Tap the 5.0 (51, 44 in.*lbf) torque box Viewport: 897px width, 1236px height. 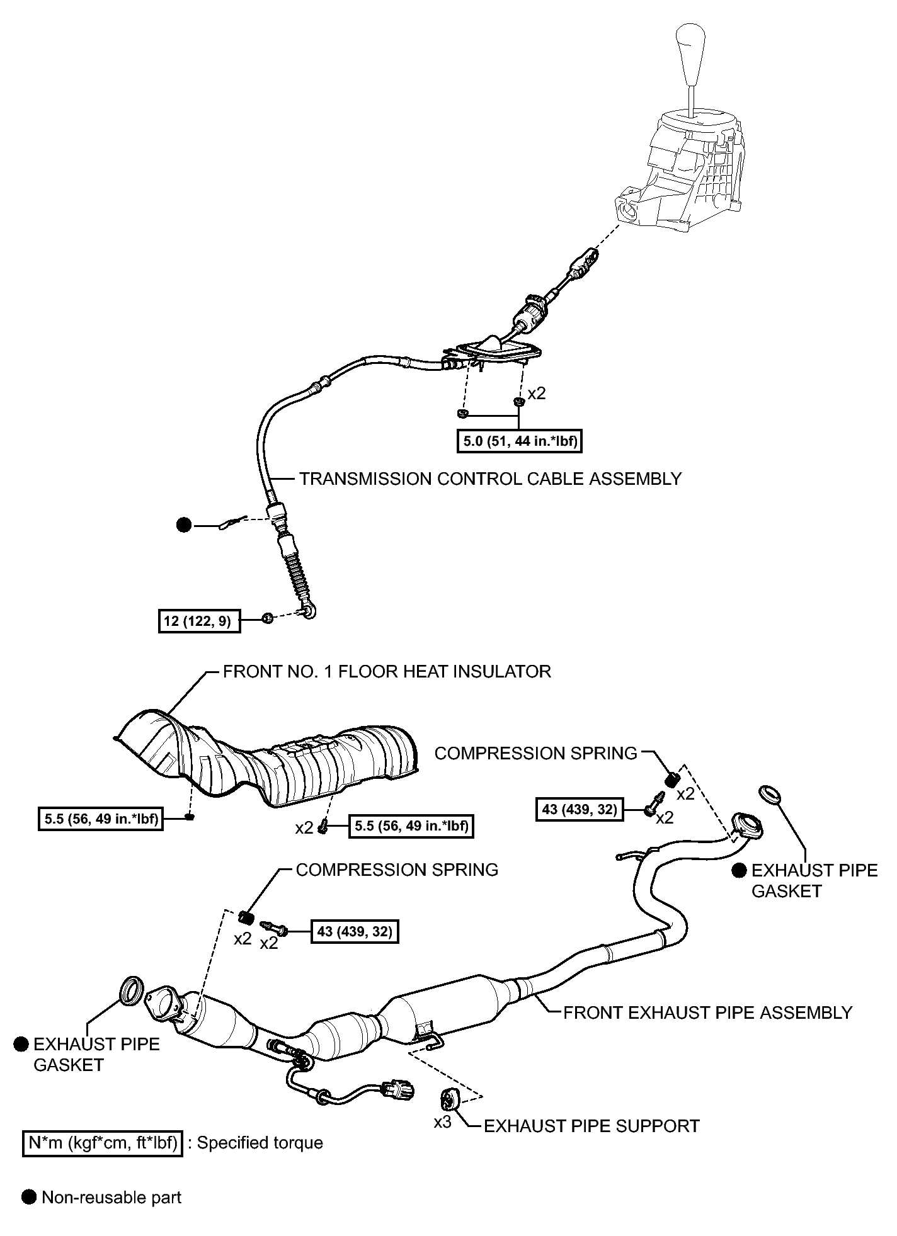click(x=518, y=441)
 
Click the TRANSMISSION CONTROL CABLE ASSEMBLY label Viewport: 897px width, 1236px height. click(x=490, y=479)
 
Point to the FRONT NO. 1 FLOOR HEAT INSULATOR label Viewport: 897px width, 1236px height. click(x=387, y=672)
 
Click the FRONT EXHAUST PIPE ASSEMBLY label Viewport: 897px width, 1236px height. click(x=707, y=1012)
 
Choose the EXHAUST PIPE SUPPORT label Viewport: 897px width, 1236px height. click(x=591, y=1126)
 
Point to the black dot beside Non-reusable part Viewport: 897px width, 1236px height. click(x=29, y=1198)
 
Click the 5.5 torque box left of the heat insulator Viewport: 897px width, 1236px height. click(x=100, y=819)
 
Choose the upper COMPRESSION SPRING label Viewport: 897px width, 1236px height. click(x=535, y=754)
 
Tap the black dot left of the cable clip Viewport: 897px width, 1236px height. click(x=184, y=524)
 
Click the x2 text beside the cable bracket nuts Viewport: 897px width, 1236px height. click(x=537, y=394)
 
